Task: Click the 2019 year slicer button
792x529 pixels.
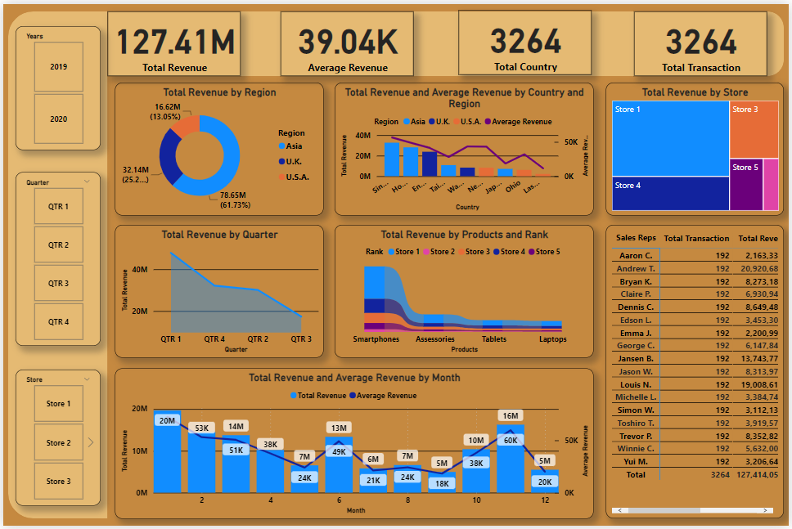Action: point(59,67)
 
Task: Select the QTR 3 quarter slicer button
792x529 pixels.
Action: point(59,284)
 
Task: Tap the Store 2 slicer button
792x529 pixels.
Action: point(59,443)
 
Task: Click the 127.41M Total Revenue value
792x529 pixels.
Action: point(175,42)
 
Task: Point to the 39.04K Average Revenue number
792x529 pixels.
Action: point(348,42)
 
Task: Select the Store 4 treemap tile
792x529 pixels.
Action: point(670,194)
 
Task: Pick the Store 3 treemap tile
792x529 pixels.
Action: point(754,129)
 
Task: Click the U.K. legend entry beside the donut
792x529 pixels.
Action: point(294,161)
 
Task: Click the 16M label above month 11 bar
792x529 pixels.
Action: point(511,415)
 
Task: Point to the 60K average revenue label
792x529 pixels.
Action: point(511,440)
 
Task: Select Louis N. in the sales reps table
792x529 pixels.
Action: point(635,384)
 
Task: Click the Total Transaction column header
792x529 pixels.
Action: point(695,239)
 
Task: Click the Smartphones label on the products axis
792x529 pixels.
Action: point(376,339)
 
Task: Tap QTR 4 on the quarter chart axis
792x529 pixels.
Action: point(214,339)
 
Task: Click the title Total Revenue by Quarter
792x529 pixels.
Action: point(219,235)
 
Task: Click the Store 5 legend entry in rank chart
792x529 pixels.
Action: point(547,252)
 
